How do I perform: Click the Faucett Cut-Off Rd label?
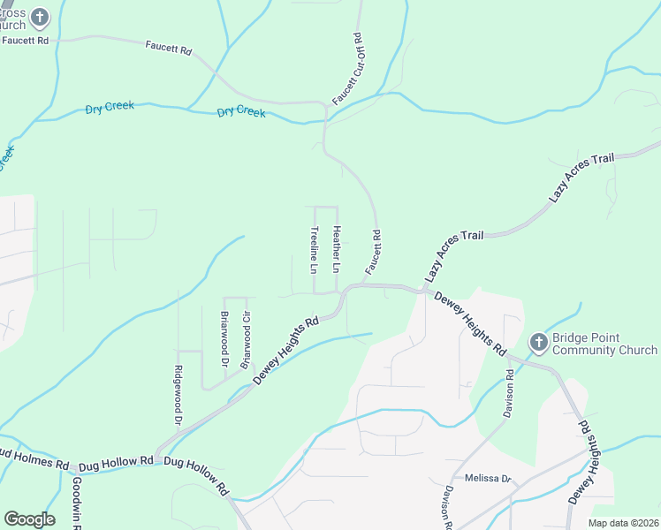tap(347, 70)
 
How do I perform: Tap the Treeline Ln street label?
tap(314, 248)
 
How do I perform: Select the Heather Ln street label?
tap(336, 248)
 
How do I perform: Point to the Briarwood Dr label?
tap(224, 339)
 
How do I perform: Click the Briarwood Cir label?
tap(247, 339)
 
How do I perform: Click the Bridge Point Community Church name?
tap(604, 344)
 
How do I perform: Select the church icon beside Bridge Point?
tap(538, 342)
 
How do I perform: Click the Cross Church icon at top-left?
tap(40, 16)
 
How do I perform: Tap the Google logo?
tap(30, 519)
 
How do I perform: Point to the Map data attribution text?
tap(622, 523)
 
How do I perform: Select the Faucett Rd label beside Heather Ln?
tap(373, 251)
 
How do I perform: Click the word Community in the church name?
tap(584, 351)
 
